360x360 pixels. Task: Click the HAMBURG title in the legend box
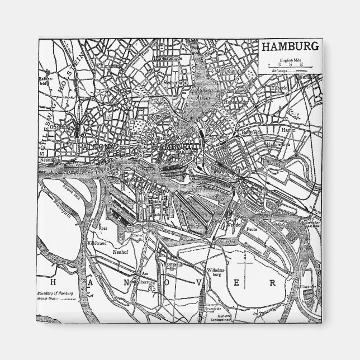(x=290, y=47)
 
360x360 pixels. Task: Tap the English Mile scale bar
(x=290, y=65)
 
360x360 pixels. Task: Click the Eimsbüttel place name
(x=111, y=66)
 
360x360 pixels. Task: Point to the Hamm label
(x=288, y=129)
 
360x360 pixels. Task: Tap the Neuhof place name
(x=121, y=253)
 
